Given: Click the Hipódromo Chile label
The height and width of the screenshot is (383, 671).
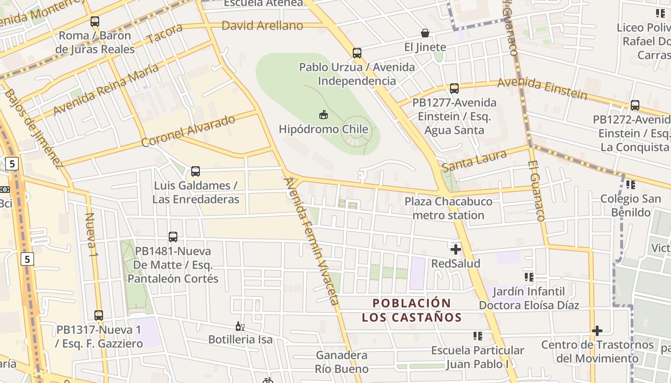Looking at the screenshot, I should click(324, 129).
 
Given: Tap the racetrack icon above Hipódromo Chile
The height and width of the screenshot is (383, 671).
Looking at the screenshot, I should click(324, 114).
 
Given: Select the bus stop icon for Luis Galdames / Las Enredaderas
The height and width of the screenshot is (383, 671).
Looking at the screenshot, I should click(196, 171).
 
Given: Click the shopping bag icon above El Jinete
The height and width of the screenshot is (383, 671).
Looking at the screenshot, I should click(425, 33).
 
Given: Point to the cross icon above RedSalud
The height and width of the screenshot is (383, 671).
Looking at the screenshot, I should click(455, 249).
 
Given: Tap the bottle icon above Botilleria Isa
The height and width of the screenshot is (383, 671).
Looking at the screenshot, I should click(240, 327).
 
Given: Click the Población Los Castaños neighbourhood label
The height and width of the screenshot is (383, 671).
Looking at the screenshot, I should click(412, 310).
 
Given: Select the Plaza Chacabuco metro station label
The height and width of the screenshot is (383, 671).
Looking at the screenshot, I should click(448, 208).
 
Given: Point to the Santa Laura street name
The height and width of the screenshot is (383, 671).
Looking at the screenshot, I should click(474, 161).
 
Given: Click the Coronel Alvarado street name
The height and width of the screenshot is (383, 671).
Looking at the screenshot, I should click(188, 131).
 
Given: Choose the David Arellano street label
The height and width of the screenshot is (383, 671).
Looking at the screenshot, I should click(262, 25).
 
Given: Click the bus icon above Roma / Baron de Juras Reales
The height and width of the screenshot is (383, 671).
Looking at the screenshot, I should click(95, 21).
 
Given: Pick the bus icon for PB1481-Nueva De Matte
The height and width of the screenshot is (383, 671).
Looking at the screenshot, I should click(173, 237).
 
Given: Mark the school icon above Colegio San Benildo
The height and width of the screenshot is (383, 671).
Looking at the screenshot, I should click(631, 184).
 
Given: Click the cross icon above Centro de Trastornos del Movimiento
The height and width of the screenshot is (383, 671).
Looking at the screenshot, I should click(597, 330).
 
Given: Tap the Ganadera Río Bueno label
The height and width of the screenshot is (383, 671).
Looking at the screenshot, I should click(342, 362).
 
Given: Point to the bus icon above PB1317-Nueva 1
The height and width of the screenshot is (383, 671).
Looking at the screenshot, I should click(99, 315).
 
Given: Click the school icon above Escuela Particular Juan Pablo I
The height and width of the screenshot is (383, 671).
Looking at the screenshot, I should click(477, 336).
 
